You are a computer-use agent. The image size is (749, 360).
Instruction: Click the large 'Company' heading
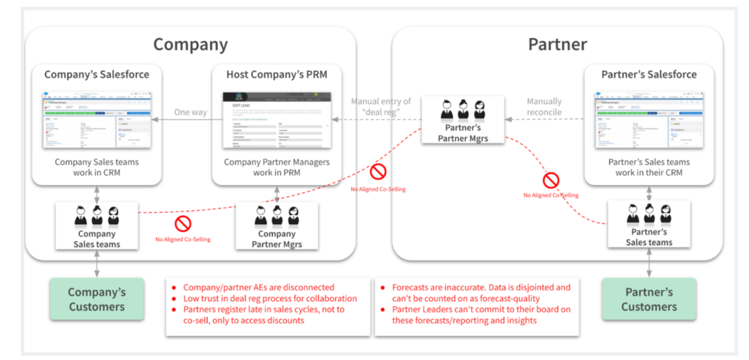(x=190, y=44)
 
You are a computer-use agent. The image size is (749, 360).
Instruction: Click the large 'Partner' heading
(x=557, y=44)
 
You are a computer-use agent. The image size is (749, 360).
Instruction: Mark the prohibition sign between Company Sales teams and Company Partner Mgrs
(x=183, y=223)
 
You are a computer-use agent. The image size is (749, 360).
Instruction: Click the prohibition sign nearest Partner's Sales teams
(x=551, y=180)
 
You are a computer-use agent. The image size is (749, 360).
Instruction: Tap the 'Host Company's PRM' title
(x=276, y=75)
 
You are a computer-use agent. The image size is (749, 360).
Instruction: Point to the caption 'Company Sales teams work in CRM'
(x=97, y=168)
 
